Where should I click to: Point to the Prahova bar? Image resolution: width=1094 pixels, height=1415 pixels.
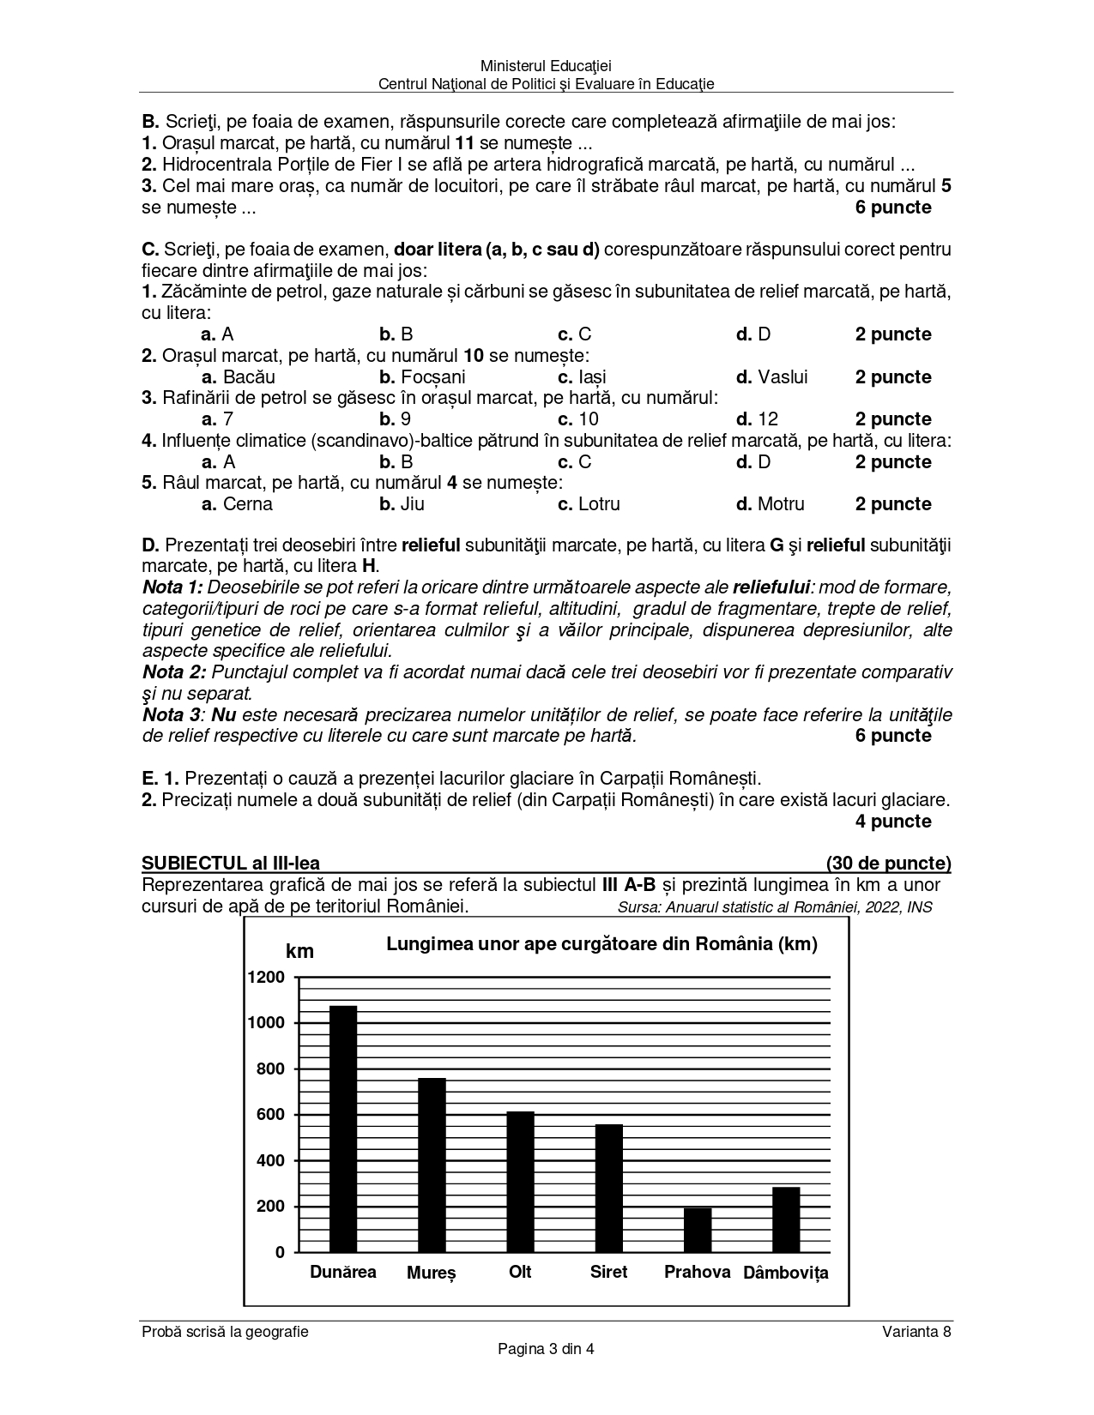click(x=698, y=1230)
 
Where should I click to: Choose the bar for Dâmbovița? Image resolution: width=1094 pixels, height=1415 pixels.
click(x=786, y=1219)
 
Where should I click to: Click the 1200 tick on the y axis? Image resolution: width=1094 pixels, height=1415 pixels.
click(x=266, y=977)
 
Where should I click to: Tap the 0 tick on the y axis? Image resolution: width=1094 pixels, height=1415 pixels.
click(x=280, y=1252)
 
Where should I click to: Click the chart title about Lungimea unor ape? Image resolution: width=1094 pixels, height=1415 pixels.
click(x=601, y=944)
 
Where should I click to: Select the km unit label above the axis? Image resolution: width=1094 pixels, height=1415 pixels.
click(x=299, y=951)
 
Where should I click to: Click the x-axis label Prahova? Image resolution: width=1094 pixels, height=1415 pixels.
click(x=697, y=1272)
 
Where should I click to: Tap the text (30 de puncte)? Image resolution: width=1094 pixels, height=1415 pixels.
click(x=888, y=863)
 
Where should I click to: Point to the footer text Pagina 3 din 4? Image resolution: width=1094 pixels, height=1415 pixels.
click(x=547, y=1348)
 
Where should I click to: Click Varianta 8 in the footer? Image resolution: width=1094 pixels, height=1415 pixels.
click(x=916, y=1332)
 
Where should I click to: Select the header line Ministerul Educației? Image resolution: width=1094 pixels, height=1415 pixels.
click(x=547, y=66)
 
